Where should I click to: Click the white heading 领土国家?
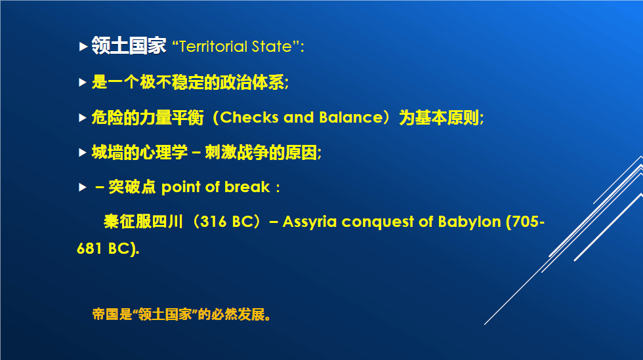coord(129,45)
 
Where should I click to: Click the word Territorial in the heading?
coord(213,47)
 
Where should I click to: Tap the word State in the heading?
coord(272,47)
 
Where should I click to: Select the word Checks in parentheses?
coord(249,117)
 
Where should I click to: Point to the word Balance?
coord(351,117)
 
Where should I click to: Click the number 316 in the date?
coord(213,222)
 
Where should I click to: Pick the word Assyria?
coord(309,222)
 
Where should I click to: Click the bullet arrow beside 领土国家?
coord(83,47)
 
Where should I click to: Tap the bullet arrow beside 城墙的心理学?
coord(83,153)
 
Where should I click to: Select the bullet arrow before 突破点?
coord(83,188)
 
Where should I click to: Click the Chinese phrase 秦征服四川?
coord(143,222)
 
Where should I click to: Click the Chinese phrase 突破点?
coord(132,187)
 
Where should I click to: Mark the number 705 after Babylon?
coord(526,222)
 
